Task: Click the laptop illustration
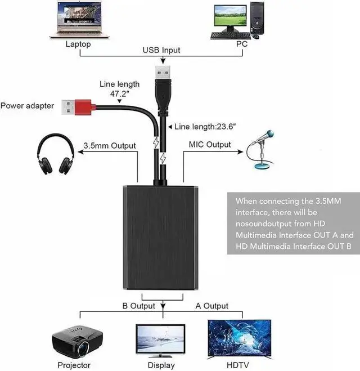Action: pos(79,20)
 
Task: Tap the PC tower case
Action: pos(257,18)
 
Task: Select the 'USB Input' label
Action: pos(161,50)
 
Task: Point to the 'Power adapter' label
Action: pos(27,106)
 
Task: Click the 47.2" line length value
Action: pos(119,93)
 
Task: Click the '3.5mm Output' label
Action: pos(110,145)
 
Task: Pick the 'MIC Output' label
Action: pos(210,144)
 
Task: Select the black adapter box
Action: pos(160,238)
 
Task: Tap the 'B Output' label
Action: pos(139,306)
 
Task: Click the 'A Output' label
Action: pos(212,306)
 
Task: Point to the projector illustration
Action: pos(77,342)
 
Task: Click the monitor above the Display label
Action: pos(160,341)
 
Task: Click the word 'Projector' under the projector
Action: pos(74,365)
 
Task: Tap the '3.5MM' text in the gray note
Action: pos(328,201)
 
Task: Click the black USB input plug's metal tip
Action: pos(163,73)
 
